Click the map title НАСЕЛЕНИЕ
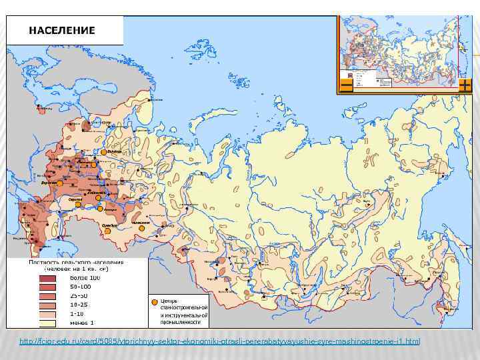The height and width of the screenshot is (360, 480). coord(61,31)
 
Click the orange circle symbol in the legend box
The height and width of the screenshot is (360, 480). coord(155,302)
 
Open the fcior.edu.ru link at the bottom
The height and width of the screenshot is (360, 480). coord(220,342)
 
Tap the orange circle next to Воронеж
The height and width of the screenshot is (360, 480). coord(59,183)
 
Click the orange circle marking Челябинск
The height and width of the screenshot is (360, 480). coord(141,227)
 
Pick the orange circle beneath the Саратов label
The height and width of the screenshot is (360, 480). coord(79,205)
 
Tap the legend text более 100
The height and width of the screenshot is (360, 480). coord(85,278)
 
